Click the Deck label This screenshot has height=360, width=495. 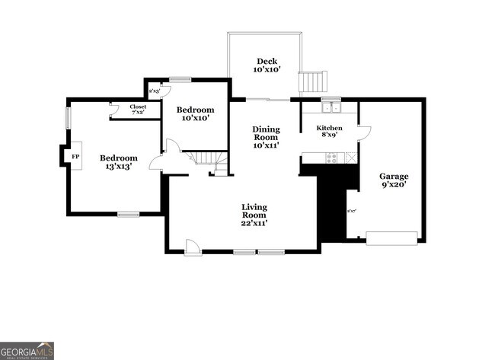pos(267,65)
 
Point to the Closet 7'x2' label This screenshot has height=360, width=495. pos(138,110)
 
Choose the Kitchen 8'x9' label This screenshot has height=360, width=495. pos(330,131)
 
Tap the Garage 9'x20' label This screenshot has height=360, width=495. pos(394,180)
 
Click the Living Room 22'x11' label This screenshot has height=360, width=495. pos(254,215)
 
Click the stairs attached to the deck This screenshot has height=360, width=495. pos(311,81)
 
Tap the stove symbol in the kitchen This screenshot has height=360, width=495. pos(331,158)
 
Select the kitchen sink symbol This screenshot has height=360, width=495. pos(330,107)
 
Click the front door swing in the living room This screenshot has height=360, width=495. pos(193,247)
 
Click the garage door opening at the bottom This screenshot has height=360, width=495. pos(391,237)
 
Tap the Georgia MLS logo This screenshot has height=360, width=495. pos(27,351)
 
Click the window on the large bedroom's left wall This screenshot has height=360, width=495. pos(68,118)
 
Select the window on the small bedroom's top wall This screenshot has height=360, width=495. pos(180,78)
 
